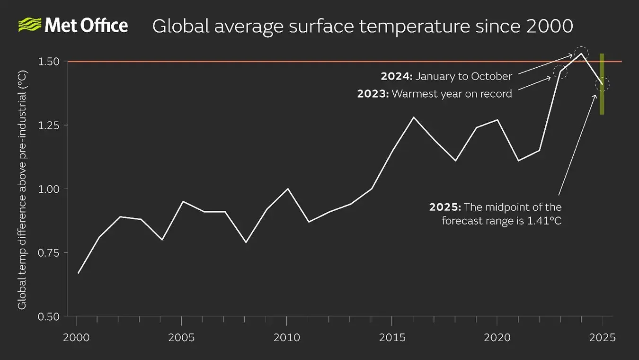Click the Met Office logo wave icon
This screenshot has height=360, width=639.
pos(29,25)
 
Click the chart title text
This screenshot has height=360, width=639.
pos(363,26)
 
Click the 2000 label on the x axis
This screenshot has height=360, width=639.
pos(76,337)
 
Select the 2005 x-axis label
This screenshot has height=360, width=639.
pos(181,337)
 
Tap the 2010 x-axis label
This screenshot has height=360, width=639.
pos(286,337)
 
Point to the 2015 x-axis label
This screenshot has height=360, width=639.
pos(392,337)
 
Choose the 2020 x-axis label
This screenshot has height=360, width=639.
pos(497,337)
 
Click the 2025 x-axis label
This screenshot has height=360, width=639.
pos(603,337)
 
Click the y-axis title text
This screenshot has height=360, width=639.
pos(22,189)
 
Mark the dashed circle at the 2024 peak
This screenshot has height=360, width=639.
pos(581,53)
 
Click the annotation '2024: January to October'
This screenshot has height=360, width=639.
pos(446,76)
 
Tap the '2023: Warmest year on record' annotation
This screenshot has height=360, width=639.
pos(435,94)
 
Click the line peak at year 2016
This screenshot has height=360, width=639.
pos(413,117)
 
